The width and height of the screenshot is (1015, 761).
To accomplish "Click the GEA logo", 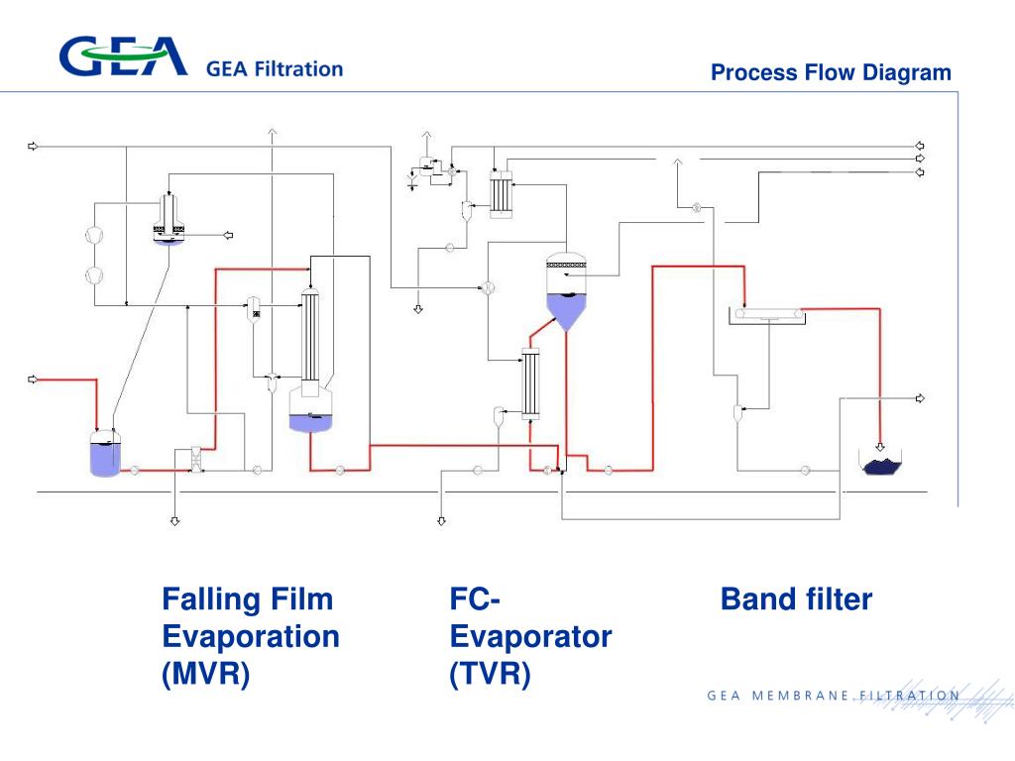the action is pos(123,55).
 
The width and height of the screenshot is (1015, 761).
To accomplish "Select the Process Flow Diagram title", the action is pos(831,72).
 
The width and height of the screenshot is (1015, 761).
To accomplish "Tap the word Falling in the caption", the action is pos(209,599).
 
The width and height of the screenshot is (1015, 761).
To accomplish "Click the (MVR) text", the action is pos(206,674).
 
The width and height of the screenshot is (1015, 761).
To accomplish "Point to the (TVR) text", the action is pos(490,674).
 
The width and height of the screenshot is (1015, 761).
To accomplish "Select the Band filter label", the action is pos(796,599).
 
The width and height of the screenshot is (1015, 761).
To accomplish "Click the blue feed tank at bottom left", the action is pos(105,454).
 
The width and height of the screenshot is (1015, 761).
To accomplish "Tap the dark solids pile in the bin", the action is pos(881,466).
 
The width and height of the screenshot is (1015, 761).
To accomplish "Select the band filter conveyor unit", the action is pos(768,315).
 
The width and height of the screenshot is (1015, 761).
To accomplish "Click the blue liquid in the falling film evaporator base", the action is pos(310,422).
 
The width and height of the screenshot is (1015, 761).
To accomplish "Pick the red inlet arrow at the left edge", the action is pos(33,380).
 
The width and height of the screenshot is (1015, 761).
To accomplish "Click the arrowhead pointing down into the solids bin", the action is pos(880,447).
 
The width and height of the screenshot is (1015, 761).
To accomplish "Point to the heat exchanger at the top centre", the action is pos(501,193).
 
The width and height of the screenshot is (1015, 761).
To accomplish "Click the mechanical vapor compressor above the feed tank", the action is pos(169,219).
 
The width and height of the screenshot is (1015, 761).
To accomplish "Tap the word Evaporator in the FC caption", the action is pos(531,637).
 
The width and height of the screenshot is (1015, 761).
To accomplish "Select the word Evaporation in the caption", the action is pos(251,637).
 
